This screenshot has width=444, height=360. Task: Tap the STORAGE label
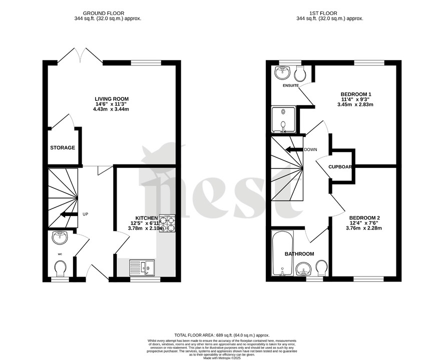63,148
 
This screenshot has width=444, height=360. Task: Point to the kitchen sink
142,267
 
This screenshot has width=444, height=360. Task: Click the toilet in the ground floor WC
60,270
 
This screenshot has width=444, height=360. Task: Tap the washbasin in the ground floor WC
60,236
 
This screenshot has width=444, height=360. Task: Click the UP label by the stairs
85,214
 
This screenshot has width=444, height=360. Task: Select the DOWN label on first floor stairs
310,149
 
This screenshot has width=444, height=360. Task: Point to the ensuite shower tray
284,119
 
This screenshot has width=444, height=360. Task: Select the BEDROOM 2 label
364,217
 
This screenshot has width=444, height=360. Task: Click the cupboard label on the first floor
340,167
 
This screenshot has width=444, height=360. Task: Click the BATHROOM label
299,254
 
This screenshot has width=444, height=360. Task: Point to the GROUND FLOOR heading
104,13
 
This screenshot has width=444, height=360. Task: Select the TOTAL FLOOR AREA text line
222,335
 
